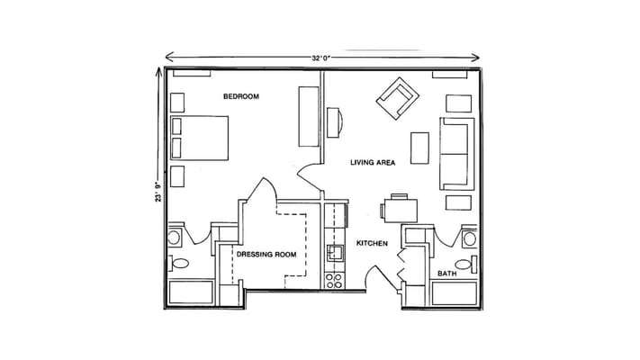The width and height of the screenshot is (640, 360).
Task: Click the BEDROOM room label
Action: click(241, 96)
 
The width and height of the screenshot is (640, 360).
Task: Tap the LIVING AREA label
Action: click(373, 162)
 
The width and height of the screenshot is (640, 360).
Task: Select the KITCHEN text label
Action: click(372, 243)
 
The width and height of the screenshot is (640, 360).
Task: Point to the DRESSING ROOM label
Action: click(266, 255)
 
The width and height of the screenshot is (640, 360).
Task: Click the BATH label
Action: click(447, 274)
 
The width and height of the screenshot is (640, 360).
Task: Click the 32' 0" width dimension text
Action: click(320, 58)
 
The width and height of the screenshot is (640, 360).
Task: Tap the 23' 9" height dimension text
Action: click(158, 191)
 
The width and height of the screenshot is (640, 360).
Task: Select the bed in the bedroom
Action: click(199, 138)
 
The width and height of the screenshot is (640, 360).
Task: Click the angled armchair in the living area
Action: click(398, 98)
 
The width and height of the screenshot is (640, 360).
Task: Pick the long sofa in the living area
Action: click(456, 154)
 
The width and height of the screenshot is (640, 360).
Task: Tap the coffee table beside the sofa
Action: click(419, 148)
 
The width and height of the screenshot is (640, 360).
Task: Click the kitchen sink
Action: click(336, 253)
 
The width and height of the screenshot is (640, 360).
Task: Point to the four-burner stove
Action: click(334, 281)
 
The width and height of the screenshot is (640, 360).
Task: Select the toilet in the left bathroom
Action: click(178, 264)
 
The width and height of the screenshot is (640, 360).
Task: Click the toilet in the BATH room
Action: click(466, 265)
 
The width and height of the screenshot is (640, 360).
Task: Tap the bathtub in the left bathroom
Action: click(191, 292)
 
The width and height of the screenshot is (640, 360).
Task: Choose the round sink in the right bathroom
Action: click(469, 238)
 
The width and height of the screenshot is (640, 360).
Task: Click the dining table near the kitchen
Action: click(401, 211)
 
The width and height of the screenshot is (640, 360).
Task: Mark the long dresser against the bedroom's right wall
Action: click(309, 116)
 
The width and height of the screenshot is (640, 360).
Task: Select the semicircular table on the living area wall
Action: click(334, 122)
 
